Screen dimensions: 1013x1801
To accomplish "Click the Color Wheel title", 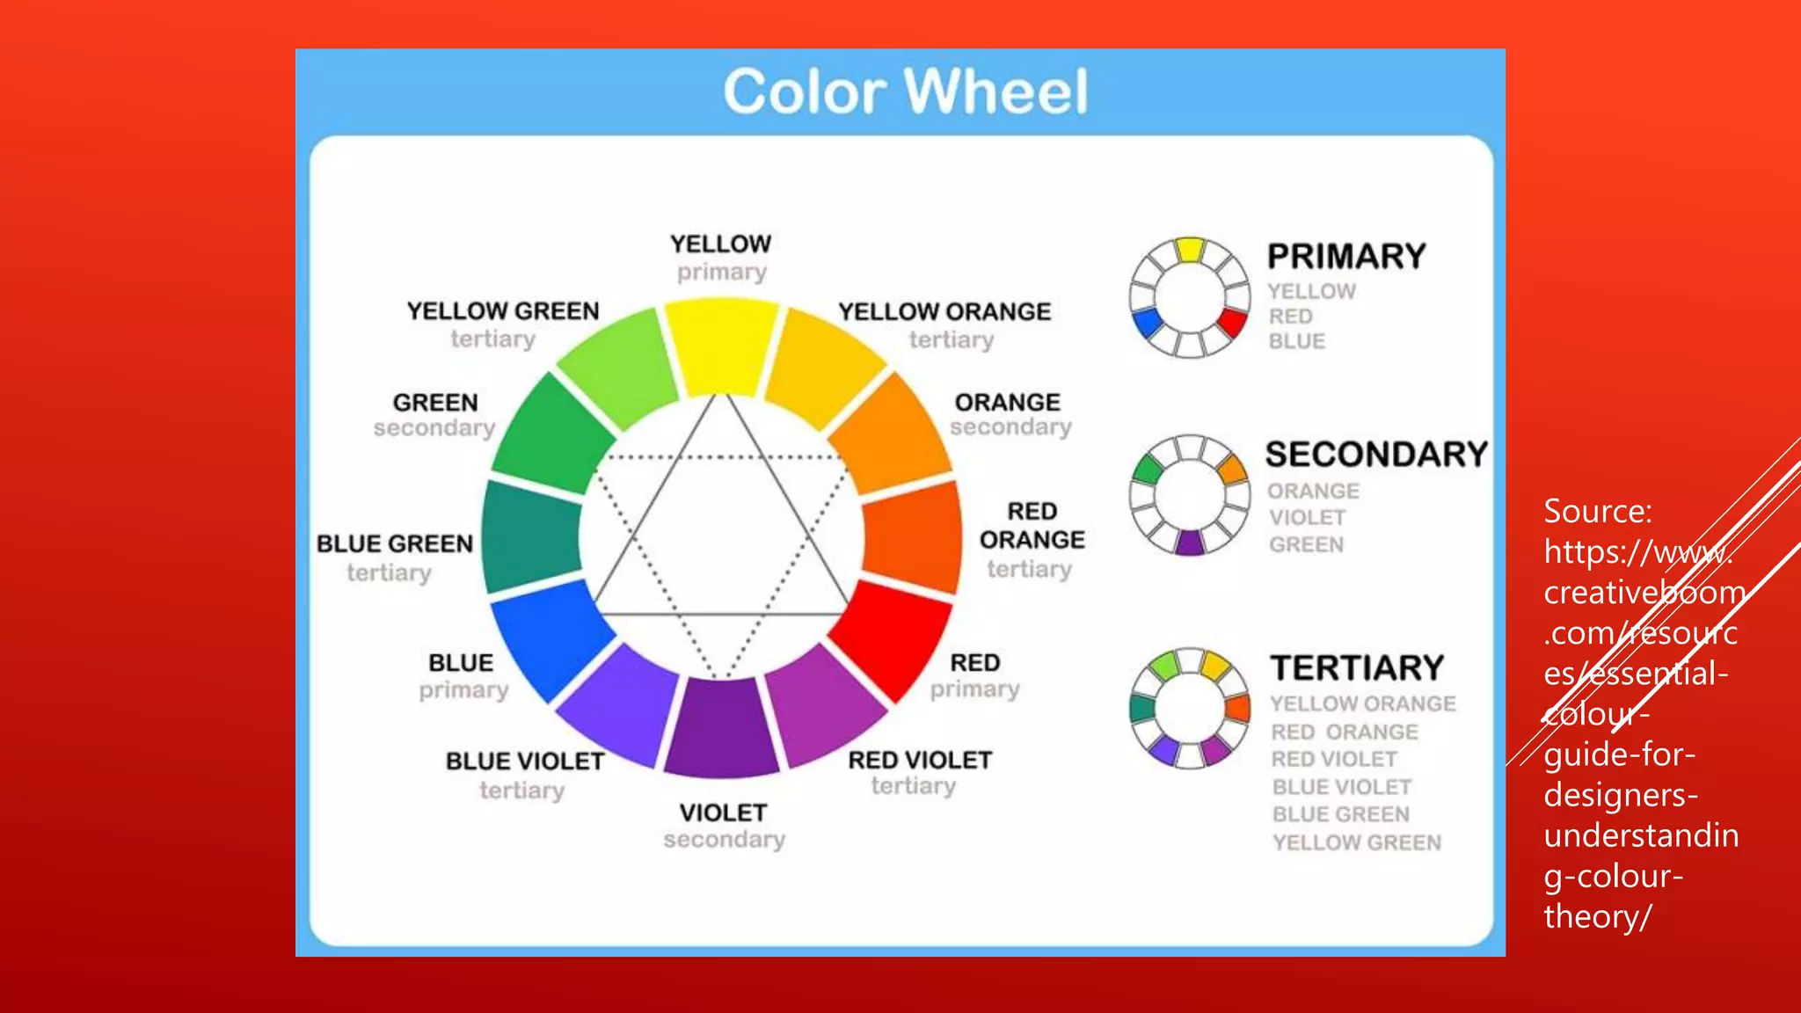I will click(905, 91).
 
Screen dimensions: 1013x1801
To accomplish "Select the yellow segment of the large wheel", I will click(721, 346).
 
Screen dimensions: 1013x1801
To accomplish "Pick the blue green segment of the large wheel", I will click(530, 536).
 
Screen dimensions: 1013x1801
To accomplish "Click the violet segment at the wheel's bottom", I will click(721, 728).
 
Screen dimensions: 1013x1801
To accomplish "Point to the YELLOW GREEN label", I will click(502, 311).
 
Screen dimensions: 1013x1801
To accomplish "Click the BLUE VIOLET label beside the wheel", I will click(524, 761).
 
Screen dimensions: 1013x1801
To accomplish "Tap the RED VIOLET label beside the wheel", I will click(919, 760).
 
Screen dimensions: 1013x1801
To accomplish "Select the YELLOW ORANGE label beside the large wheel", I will click(944, 312).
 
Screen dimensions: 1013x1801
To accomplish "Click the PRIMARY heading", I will click(1345, 257).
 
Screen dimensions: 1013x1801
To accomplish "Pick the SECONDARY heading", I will click(1375, 455).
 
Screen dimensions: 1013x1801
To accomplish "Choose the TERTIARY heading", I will click(1357, 668).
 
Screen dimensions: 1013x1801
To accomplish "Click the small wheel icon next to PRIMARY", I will click(1189, 297).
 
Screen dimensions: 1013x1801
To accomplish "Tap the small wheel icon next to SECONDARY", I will click(1189, 495).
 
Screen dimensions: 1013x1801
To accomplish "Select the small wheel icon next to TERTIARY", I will click(1189, 708).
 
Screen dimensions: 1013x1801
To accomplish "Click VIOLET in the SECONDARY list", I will click(1306, 518).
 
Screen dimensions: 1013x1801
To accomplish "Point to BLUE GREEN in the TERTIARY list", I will click(1340, 815).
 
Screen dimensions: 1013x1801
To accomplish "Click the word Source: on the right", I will click(1597, 512).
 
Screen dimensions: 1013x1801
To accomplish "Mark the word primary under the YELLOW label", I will click(721, 273).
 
